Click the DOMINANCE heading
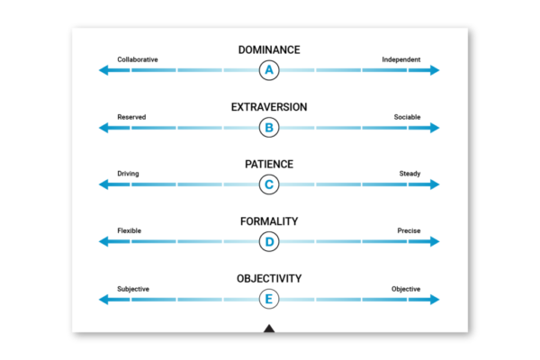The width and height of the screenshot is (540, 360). [x=269, y=49]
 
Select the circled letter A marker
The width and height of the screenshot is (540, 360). [x=269, y=70]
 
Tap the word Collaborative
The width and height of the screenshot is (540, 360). [x=138, y=59]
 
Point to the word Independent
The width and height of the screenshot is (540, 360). [x=400, y=59]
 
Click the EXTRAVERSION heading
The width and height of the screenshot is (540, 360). [x=269, y=107]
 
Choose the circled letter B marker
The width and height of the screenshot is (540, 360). [x=269, y=128]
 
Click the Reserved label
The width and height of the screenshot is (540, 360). [x=131, y=117]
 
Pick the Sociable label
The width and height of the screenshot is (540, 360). [x=407, y=117]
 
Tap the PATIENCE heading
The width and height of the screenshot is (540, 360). [x=269, y=165]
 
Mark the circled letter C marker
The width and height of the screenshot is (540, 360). [x=269, y=184]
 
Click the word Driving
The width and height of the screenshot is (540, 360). [x=128, y=174]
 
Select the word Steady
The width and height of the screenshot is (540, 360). [x=409, y=174]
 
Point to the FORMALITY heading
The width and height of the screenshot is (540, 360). [x=269, y=221]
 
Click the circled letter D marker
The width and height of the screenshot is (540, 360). [x=269, y=241]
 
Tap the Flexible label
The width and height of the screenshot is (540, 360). [x=130, y=231]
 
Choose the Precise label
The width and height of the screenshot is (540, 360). [x=409, y=231]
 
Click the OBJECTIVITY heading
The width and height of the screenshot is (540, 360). [x=269, y=278]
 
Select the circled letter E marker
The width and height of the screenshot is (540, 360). [x=269, y=299]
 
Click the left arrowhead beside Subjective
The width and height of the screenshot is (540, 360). [x=104, y=299]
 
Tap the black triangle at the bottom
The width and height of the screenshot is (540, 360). [x=269, y=328]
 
